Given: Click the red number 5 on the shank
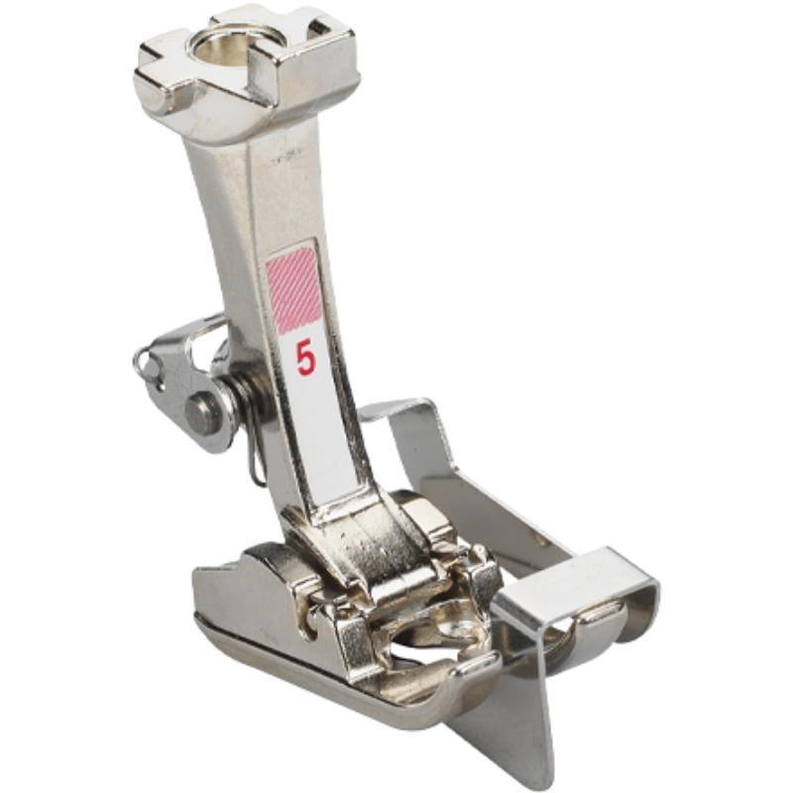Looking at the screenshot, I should tap(305, 358).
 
